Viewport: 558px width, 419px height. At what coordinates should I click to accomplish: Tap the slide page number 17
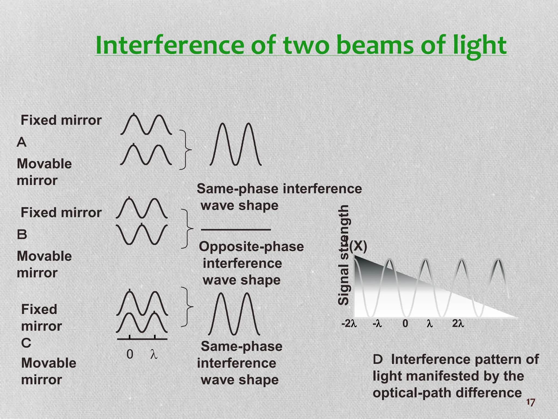coord(530,402)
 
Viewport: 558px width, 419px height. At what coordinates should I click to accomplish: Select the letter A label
coord(22,142)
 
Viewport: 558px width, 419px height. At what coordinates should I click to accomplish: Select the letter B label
coord(22,235)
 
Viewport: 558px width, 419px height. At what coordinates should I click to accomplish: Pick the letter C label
coord(26,343)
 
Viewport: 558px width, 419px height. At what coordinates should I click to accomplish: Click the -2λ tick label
coord(349,324)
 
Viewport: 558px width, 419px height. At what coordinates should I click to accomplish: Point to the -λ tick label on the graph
coord(377,324)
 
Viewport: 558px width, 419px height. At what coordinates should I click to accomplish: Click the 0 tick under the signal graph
coord(405,324)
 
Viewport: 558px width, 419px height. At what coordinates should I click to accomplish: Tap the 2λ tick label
coord(458,324)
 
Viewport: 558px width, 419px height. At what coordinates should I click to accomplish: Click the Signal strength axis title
coord(344,255)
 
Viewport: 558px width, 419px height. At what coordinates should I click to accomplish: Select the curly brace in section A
coord(186,150)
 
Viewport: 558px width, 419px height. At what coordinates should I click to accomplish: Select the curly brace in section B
coord(187,229)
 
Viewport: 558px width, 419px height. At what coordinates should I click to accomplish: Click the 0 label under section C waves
coord(130,354)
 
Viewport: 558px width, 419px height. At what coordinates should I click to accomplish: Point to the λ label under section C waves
coord(154,354)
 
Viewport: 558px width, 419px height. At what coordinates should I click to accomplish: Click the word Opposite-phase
coord(251,247)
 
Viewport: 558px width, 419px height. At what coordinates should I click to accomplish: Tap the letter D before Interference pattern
coord(378,360)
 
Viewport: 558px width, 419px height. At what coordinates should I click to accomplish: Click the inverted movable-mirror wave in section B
coord(142,234)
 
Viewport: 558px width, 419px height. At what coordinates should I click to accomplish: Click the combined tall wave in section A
coord(236,145)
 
